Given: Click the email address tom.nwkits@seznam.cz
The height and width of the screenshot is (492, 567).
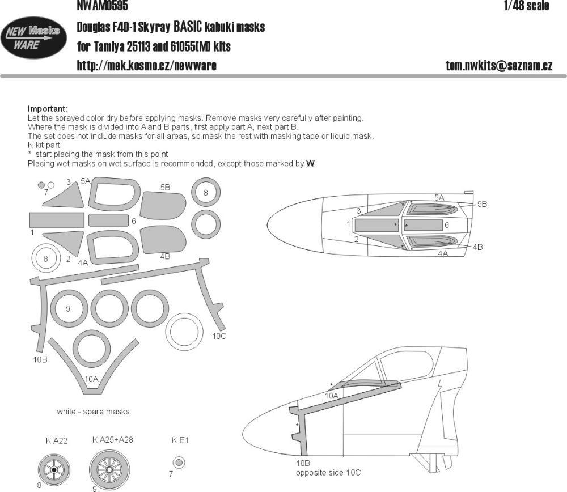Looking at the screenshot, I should click(499, 65).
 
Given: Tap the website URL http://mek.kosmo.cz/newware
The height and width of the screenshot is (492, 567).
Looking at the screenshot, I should click(146, 65).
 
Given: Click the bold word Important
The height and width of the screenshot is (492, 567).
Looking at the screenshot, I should click(48, 108).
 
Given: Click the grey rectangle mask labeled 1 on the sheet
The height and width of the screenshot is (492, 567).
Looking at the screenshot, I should click(56, 220).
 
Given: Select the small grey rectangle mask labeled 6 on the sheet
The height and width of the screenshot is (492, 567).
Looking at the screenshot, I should click(108, 220).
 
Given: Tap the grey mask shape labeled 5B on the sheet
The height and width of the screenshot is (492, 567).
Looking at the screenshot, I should click(164, 205).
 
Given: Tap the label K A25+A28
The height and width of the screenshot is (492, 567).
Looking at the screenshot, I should click(112, 439).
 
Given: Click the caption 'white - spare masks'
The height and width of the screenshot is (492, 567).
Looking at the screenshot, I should click(93, 411).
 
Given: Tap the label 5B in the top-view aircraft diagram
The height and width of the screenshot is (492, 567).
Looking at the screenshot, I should click(482, 203).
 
